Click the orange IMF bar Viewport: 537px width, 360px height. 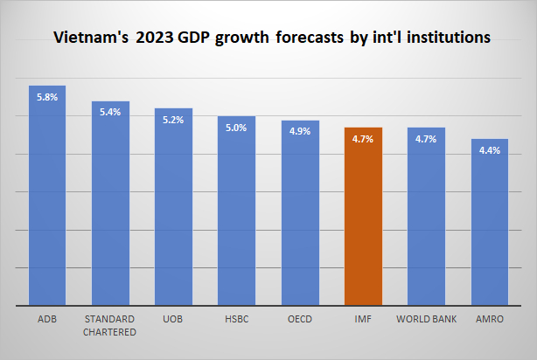[363, 218]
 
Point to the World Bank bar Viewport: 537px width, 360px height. [426, 218]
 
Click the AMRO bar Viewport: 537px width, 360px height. [489, 224]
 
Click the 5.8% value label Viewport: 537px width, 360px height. [47, 97]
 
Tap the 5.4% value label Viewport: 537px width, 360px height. [110, 113]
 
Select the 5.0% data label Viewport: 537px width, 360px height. [236, 128]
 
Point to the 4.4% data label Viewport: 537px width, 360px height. [489, 150]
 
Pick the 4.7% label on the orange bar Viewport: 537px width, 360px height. [363, 139]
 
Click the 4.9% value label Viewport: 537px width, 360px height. [299, 132]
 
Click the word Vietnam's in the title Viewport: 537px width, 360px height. [87, 38]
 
